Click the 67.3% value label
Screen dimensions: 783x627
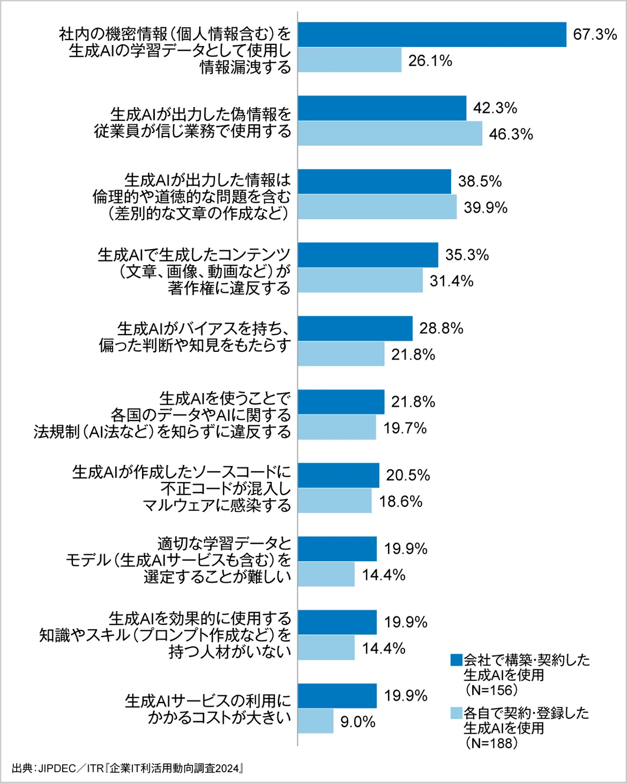(x=595, y=35)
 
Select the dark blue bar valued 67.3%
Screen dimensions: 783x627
(x=432, y=35)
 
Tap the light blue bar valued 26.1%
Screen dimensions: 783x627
(x=349, y=60)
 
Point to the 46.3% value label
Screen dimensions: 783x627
(x=511, y=134)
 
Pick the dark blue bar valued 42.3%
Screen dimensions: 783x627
(x=382, y=108)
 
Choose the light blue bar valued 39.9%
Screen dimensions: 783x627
(x=377, y=207)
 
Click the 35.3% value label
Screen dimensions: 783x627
(x=467, y=255)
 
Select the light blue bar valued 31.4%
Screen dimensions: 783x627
(x=360, y=281)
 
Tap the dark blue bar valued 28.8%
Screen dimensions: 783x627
(x=355, y=328)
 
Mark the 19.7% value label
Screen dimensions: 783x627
(x=405, y=428)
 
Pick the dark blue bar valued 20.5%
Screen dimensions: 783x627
(x=339, y=476)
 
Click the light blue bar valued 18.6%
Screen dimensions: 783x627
(x=335, y=501)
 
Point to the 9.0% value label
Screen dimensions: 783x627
(x=357, y=722)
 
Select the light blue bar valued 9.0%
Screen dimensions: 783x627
(x=316, y=721)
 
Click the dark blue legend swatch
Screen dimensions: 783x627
(x=456, y=660)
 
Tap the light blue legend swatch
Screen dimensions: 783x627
(x=456, y=713)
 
